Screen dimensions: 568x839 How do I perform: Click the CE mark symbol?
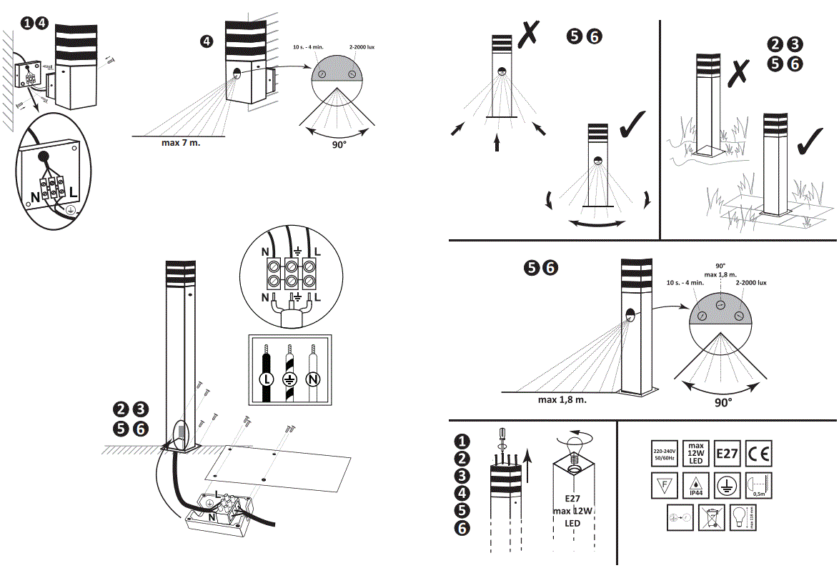(x=759, y=454)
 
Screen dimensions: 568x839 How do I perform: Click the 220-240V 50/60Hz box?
(x=664, y=454)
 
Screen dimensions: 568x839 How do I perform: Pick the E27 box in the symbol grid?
(x=727, y=454)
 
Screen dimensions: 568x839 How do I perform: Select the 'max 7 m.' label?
(x=181, y=142)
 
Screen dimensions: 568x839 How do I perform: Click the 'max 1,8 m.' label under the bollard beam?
(x=562, y=400)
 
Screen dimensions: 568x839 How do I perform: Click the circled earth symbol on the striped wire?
(x=288, y=379)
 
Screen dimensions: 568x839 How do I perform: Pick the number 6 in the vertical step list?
(x=463, y=529)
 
